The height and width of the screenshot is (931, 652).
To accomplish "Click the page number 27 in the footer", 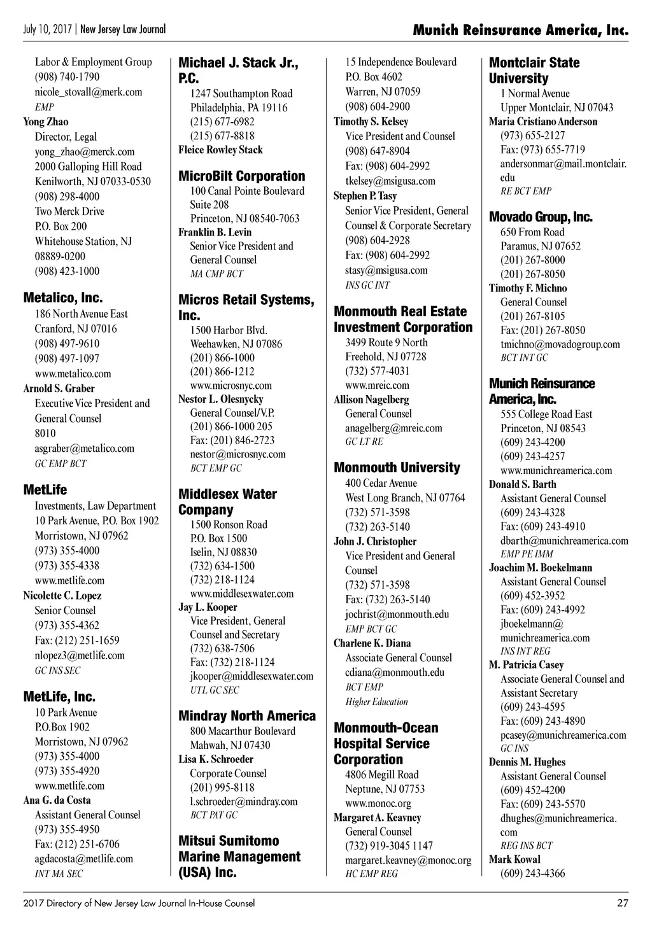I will tap(622, 902).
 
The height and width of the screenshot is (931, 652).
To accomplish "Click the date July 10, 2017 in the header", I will tap(48, 29).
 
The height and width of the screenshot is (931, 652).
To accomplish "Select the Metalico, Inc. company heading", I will tap(62, 298).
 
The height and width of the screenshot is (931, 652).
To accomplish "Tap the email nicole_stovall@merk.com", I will tap(89, 92).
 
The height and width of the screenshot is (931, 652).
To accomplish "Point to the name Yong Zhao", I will tap(46, 122).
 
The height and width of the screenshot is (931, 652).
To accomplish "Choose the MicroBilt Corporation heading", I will tap(241, 176).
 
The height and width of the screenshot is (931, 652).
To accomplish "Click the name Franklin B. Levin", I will tap(215, 232).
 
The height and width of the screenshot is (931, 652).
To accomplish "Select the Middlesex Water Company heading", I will tap(227, 501).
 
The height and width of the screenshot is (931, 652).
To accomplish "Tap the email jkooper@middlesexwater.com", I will tap(252, 676).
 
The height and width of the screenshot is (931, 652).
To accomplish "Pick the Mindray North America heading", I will tap(247, 716).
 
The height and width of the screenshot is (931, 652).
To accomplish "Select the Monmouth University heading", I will tap(397, 468).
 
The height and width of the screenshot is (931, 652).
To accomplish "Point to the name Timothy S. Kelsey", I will tap(371, 122).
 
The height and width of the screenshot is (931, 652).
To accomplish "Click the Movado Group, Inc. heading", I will tap(541, 217).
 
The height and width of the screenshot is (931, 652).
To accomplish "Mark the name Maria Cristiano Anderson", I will tap(543, 122).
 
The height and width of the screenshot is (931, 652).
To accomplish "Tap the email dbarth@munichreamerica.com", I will tap(564, 540).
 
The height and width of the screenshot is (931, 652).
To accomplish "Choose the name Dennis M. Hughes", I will tap(527, 762).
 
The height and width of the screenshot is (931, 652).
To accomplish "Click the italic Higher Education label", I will tap(376, 702).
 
